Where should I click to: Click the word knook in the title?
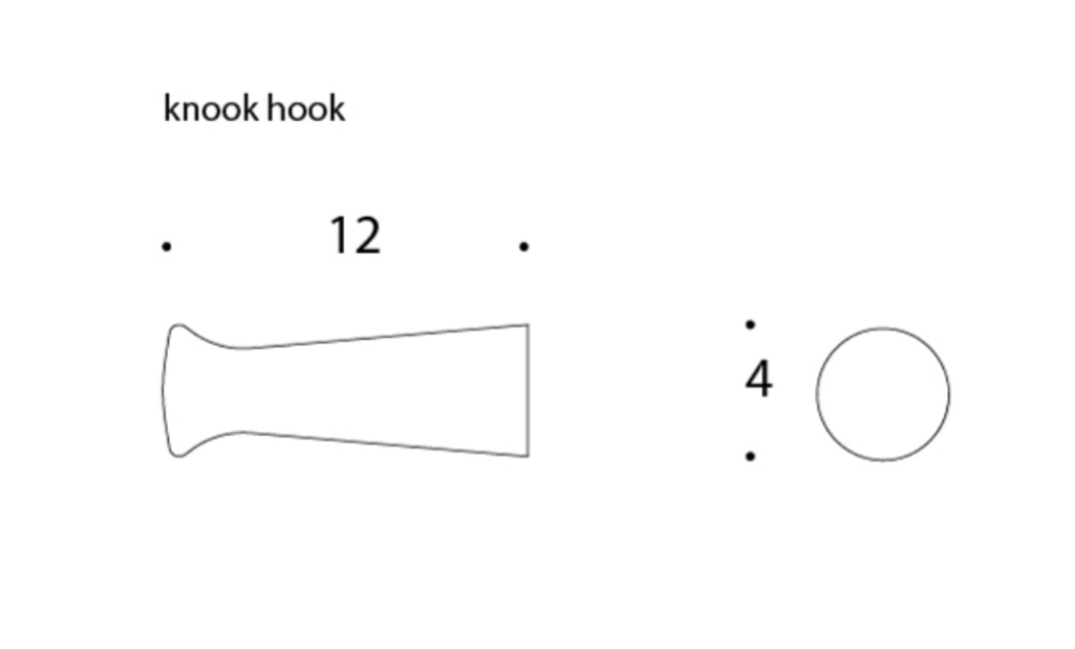(x=211, y=108)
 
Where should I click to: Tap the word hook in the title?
(x=306, y=108)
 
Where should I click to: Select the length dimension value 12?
(x=355, y=236)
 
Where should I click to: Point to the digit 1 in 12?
(x=341, y=236)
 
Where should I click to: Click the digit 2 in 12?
(x=368, y=236)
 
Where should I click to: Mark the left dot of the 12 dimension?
(x=166, y=246)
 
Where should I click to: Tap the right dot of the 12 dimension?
(x=524, y=246)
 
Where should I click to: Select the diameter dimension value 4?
(x=759, y=378)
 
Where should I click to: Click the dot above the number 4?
(x=750, y=324)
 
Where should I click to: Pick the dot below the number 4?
(x=750, y=455)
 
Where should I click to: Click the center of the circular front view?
(x=883, y=394)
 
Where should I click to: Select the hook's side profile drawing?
(x=346, y=390)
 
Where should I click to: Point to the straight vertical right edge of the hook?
(x=528, y=390)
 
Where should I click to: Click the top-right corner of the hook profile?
(x=528, y=324)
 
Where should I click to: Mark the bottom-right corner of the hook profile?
(x=528, y=455)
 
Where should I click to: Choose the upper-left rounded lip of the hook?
(x=178, y=325)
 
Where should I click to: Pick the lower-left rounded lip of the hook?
(x=178, y=455)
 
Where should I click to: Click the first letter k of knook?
(x=172, y=108)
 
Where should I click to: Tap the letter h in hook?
(x=276, y=108)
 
